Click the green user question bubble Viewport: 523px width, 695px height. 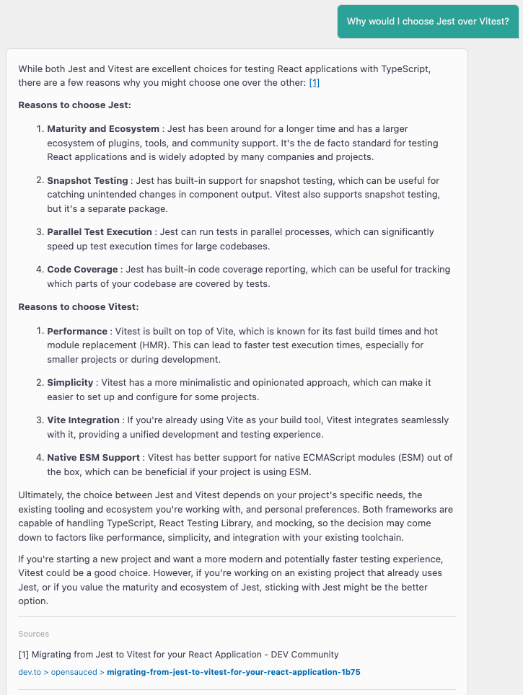[428, 22]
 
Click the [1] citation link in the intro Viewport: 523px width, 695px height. [314, 83]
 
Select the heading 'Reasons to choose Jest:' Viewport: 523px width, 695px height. [74, 105]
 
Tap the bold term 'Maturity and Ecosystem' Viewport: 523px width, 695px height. [103, 129]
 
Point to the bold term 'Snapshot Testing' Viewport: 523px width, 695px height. [87, 180]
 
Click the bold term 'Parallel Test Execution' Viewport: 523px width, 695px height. [100, 232]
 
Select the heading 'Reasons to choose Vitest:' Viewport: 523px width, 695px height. [78, 307]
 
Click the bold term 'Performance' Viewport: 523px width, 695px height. [77, 332]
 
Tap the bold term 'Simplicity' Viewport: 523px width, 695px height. [70, 383]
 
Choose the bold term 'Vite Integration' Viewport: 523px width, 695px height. [83, 420]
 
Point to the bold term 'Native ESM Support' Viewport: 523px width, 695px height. [93, 458]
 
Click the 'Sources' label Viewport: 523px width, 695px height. [34, 634]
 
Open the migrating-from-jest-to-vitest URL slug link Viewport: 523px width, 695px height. [233, 672]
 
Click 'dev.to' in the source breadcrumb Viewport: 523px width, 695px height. [31, 672]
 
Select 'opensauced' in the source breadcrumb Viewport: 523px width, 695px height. [75, 672]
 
